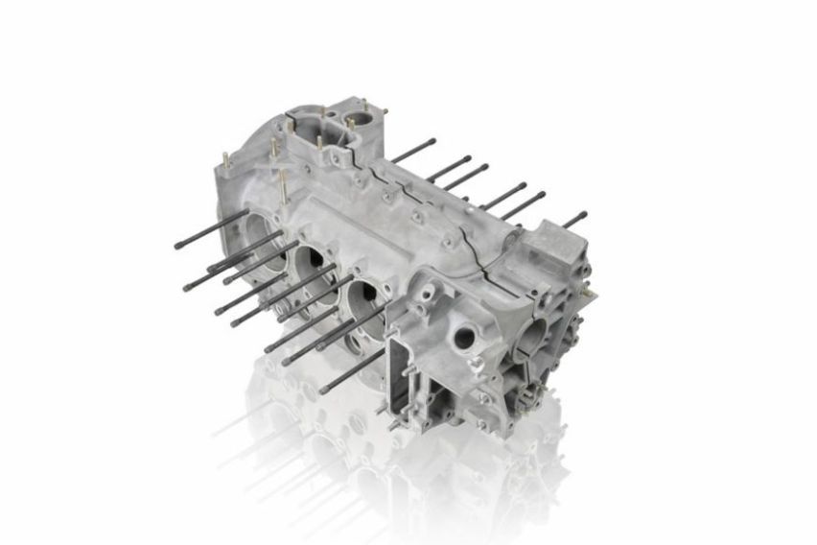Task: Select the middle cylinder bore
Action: [310, 259]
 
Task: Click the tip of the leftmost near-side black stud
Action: [178, 247]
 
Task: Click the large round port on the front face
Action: [466, 336]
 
